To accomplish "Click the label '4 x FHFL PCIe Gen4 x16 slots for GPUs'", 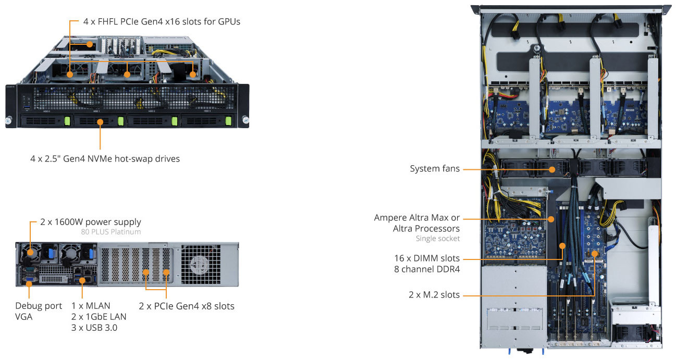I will coord(162,22).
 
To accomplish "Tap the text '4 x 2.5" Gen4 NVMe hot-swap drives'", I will coord(105,158).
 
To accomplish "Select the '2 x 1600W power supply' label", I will coord(90,222).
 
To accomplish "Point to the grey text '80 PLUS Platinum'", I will coord(110,232).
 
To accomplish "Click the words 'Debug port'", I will coord(39,306).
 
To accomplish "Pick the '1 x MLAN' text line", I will coord(91,306).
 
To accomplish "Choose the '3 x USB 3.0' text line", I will coord(94,327).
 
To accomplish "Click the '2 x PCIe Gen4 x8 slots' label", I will coord(187,306).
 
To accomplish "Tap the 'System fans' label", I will coord(435,169).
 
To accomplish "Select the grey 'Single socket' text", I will coord(438,239).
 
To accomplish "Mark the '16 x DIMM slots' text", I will coord(427,258).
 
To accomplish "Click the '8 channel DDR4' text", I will coord(427,269).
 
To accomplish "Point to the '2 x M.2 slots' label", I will coord(434,295).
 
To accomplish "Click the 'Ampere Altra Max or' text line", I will coord(417,217).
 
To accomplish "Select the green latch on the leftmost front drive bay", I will coord(67,121).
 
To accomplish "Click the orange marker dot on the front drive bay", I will coord(99,121).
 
